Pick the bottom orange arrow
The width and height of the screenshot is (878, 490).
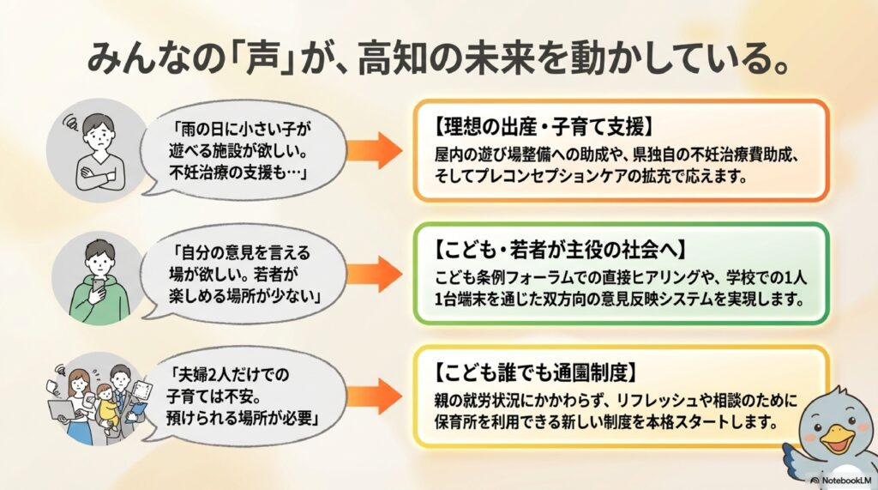pos(376,396)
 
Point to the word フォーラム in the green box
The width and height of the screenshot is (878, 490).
pos(536,279)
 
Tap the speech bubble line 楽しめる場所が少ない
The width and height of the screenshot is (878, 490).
pos(237,295)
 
